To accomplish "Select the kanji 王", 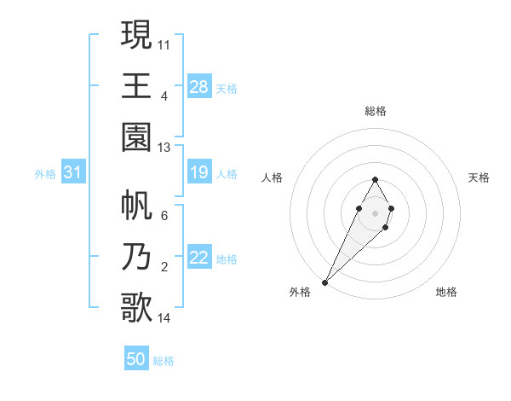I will pos(136,85).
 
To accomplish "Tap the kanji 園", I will pos(136,137).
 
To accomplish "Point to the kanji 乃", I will pos(136,257).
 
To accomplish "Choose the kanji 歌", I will pos(136,308).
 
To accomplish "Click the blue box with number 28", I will pos(199,86).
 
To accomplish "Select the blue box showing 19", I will pos(199,173).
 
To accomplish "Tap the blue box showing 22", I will pos(199,259).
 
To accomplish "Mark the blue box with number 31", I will pos(73,173).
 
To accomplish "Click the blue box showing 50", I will pos(136,359).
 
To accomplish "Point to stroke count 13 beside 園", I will pos(164,148).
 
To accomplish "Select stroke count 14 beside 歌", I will pos(164,318).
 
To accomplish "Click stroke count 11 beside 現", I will pos(164,44).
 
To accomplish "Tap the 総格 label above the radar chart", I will pos(376,111).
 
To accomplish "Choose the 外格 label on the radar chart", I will pos(300,292).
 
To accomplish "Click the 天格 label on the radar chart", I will pos(479,177).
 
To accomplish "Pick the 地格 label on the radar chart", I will pos(446,292).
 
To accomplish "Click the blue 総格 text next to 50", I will pos(164,361).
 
